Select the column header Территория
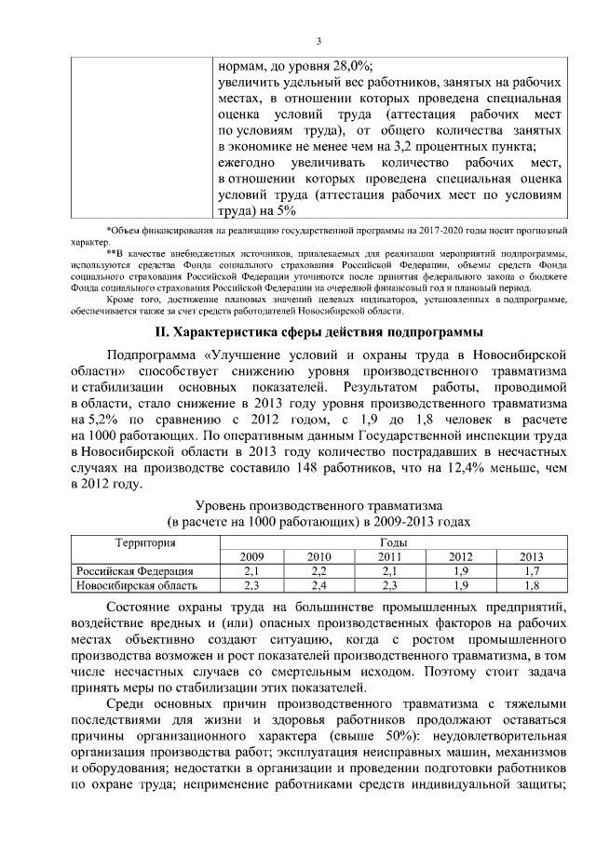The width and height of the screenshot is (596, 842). tap(145, 542)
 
